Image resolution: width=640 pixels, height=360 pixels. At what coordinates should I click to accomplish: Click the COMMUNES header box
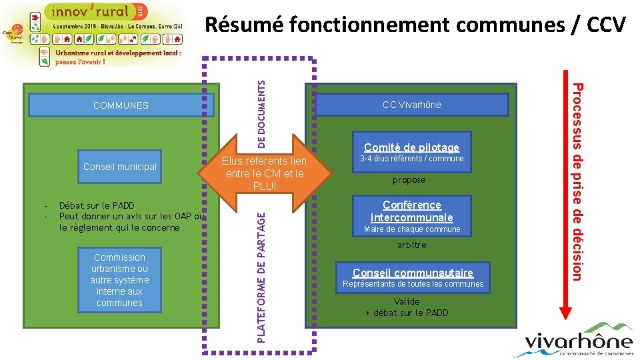point(121,105)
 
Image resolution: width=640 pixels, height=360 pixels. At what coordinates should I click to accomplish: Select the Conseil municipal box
point(120,167)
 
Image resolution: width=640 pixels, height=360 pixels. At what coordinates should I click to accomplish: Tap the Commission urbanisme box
point(120,280)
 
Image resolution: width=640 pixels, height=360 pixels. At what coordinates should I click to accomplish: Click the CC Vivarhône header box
point(411,105)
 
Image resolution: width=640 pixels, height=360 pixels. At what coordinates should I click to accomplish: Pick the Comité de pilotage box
point(411,147)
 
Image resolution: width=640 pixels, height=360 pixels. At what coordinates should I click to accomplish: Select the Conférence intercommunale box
point(411,211)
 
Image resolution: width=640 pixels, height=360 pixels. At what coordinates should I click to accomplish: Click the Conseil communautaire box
point(413,272)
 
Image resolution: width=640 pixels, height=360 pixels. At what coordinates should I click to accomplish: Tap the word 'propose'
point(409,180)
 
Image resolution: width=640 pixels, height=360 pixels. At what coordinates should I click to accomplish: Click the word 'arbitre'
point(411,245)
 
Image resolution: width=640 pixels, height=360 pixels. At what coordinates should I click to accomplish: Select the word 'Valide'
point(407,301)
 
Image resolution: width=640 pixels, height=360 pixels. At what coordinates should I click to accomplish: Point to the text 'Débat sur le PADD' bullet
point(97,206)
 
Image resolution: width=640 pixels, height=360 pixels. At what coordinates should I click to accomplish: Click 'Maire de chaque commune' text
point(412,229)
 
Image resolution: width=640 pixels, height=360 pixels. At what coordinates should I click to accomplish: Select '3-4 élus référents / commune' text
point(411,159)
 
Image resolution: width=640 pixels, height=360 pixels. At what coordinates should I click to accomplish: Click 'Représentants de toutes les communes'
point(413,284)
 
